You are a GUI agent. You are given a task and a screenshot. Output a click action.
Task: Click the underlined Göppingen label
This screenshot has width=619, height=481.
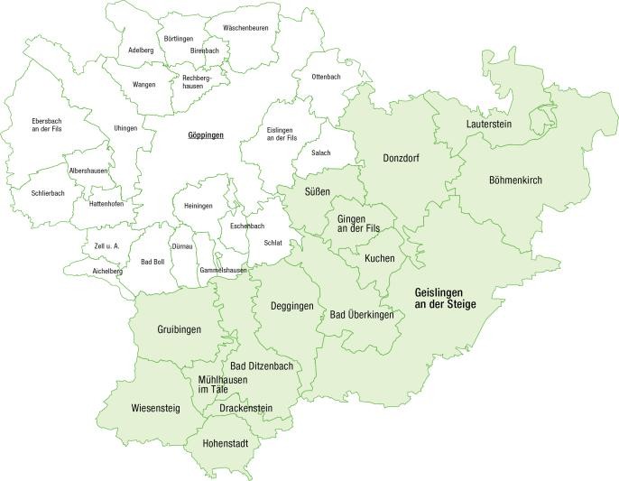point(205,135)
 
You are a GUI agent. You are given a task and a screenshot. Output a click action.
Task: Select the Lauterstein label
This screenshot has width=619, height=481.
point(490,123)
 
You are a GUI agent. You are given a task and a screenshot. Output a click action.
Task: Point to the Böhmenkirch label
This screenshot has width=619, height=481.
point(515,180)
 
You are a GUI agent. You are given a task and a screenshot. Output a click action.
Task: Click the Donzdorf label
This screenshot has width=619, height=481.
point(402,158)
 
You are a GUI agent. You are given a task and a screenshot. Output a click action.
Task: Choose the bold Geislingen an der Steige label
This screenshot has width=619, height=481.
point(445,299)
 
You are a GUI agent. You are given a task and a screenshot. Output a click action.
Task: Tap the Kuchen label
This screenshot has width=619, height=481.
point(379,258)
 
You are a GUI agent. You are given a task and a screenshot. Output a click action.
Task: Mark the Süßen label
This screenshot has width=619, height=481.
point(317,191)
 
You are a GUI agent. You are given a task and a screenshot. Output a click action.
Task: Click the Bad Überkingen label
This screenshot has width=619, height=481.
point(362,314)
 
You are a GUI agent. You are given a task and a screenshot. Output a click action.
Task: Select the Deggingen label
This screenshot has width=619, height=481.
point(292,306)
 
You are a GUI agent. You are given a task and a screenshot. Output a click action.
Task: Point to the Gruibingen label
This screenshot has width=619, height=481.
point(180,329)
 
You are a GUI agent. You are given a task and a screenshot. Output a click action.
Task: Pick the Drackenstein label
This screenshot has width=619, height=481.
point(246,409)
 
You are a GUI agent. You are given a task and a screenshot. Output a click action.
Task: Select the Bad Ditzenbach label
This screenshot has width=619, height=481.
point(262,365)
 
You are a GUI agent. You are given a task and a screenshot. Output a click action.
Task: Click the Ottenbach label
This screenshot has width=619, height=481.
point(326,78)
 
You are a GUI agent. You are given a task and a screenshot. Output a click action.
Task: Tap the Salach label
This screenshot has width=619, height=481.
point(320,153)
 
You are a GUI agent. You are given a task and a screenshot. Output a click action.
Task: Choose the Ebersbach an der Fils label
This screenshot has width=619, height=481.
point(47,125)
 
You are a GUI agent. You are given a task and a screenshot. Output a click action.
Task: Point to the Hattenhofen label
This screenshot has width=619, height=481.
point(106,204)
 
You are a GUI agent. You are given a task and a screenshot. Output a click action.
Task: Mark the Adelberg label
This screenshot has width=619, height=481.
point(141,51)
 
